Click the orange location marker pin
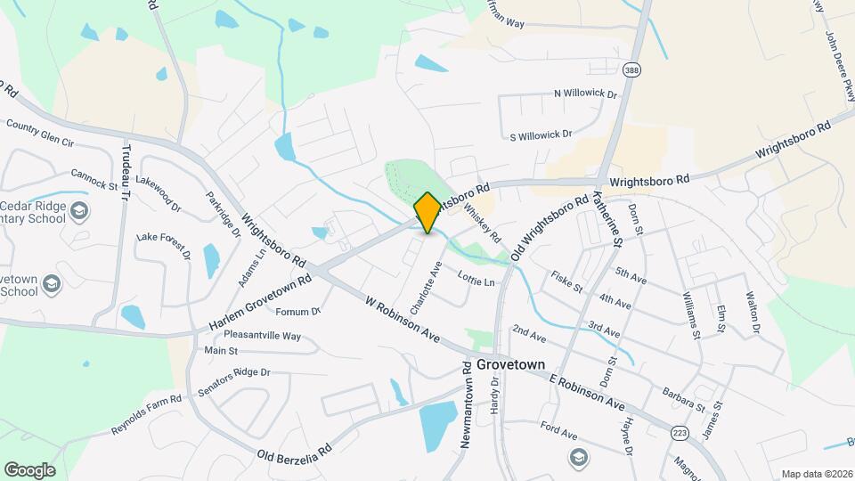click(x=427, y=213)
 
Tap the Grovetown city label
click(x=510, y=364)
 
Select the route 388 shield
click(x=631, y=69)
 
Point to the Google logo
click(x=29, y=469)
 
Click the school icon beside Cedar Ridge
click(x=79, y=211)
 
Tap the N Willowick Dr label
click(x=585, y=94)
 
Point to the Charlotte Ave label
click(x=426, y=287)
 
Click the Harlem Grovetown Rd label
click(x=260, y=303)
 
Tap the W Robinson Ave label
click(x=403, y=320)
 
